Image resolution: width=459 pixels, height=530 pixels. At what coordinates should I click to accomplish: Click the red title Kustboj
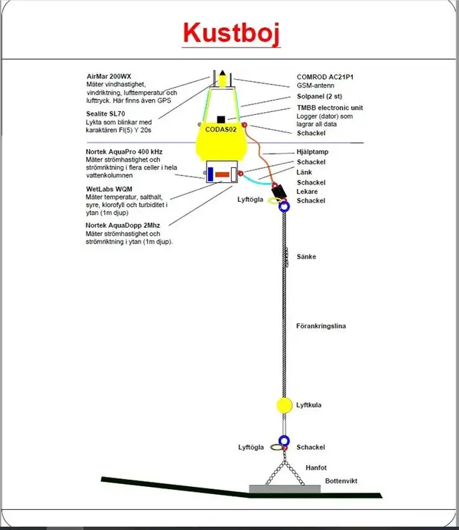230,33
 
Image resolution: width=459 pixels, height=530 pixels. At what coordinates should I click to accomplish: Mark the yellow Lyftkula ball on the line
285,404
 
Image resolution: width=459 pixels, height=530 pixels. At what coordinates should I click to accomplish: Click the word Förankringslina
321,326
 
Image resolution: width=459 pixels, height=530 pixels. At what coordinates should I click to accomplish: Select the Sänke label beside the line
307,256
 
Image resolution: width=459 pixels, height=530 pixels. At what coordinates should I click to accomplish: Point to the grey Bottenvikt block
284,488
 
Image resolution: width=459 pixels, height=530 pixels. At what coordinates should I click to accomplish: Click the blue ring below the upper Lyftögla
283,207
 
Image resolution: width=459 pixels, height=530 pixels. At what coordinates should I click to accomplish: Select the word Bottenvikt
341,480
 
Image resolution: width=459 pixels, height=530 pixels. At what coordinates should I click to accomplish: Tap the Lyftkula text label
309,405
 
